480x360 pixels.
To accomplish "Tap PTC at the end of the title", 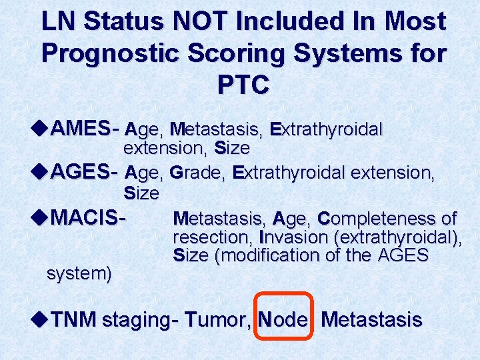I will (243, 85).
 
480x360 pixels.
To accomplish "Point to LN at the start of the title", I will (59, 23).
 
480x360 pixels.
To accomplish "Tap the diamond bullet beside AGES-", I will (39, 173).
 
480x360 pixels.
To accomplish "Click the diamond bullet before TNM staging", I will (39, 319).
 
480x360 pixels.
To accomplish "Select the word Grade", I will (198, 174).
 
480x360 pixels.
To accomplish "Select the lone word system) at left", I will (79, 273).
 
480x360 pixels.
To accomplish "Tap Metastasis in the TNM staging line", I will (371, 320).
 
